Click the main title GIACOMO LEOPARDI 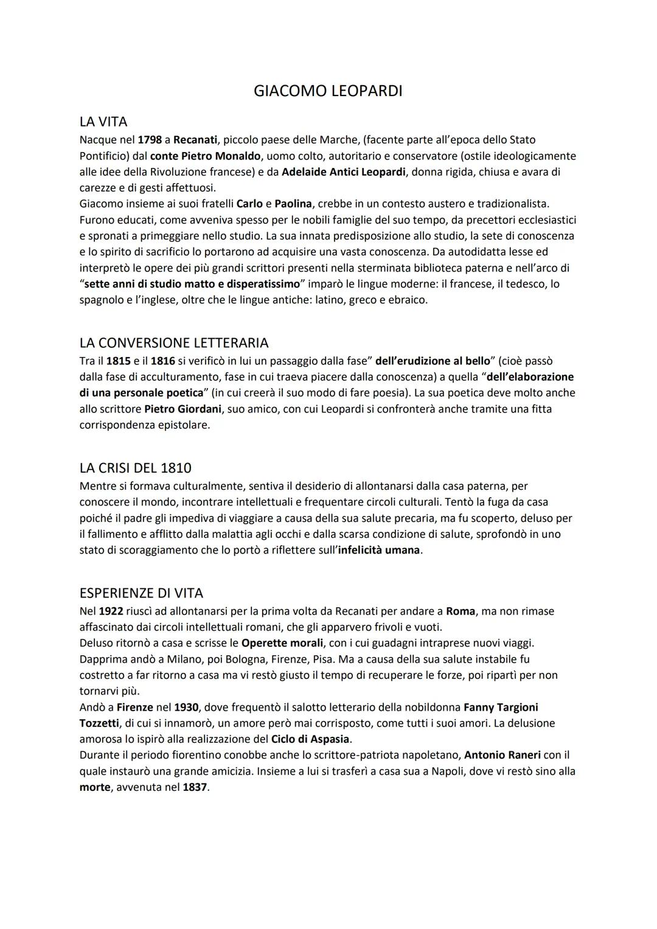click(x=328, y=91)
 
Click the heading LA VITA click(x=103, y=122)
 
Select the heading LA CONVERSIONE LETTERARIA click(x=174, y=343)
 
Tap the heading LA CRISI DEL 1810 click(x=135, y=468)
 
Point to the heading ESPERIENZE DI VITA click(x=141, y=593)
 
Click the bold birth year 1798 click(x=150, y=140)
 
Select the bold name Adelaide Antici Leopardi click(x=344, y=172)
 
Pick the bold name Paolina click(x=293, y=203)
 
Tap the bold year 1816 click(x=163, y=361)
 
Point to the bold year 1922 click(x=111, y=611)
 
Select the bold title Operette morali click(x=282, y=642)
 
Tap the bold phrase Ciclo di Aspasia click(x=310, y=739)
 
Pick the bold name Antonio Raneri click(x=502, y=755)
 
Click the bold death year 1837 click(x=195, y=787)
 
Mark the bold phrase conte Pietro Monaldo click(x=206, y=156)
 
